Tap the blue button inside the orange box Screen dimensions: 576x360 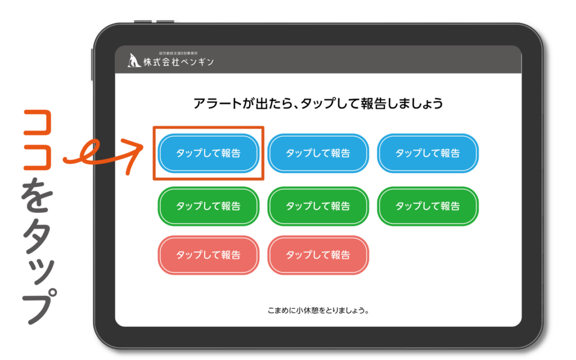[x=208, y=153]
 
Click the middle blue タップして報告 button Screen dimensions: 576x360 [x=318, y=153]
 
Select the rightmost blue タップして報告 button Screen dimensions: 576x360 [x=427, y=153]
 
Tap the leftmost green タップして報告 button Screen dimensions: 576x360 [x=208, y=206]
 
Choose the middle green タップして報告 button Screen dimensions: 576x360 [x=318, y=206]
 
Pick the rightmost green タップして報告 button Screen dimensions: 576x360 [x=427, y=206]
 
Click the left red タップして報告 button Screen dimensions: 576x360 [x=208, y=255]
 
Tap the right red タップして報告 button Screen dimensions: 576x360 [x=318, y=255]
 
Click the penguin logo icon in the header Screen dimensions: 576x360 [x=134, y=61]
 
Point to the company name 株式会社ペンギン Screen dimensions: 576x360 [x=178, y=62]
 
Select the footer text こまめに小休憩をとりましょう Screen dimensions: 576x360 [x=318, y=310]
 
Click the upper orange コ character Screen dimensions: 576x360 [x=37, y=121]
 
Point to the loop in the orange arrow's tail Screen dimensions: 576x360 [x=89, y=151]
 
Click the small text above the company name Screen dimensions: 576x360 [x=178, y=53]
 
